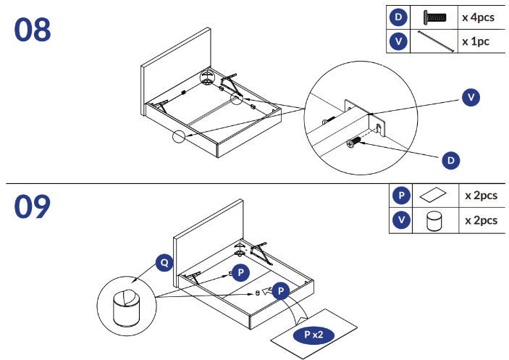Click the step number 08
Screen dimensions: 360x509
click(33, 30)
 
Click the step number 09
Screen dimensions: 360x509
click(33, 206)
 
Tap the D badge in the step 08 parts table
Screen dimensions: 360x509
click(398, 17)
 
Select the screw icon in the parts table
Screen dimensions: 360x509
click(435, 17)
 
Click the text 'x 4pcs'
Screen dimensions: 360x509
click(478, 17)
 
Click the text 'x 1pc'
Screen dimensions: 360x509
click(476, 41)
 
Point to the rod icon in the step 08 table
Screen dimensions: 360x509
click(435, 41)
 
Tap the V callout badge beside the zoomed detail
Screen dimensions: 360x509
click(471, 96)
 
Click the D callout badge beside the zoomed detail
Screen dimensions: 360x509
click(450, 159)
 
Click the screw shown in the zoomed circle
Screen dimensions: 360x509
click(356, 143)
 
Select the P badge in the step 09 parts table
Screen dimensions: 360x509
click(400, 196)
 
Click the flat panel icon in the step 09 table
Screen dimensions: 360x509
click(434, 196)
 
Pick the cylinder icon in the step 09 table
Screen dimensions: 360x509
click(434, 220)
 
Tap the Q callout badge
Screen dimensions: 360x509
click(165, 262)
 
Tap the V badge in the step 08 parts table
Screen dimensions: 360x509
click(398, 41)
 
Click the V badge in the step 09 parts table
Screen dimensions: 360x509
click(400, 220)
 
